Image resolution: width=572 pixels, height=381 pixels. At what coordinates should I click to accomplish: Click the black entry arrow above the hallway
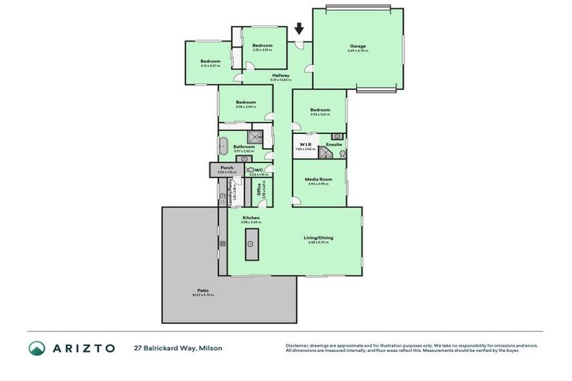click(299, 29)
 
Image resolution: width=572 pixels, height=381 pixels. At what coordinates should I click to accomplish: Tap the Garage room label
click(357, 46)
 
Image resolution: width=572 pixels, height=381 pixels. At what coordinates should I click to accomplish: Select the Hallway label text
click(280, 75)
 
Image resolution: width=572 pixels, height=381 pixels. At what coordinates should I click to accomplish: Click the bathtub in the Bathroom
click(223, 145)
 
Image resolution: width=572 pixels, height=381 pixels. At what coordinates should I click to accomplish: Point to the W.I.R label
click(305, 144)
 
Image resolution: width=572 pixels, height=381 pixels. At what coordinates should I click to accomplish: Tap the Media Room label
click(320, 179)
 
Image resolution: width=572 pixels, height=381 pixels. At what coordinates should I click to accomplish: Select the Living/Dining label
click(318, 238)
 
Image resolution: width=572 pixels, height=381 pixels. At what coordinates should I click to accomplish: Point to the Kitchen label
click(250, 217)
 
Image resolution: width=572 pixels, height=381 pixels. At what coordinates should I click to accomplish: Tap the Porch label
click(226, 167)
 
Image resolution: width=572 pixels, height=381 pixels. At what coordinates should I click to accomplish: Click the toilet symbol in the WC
click(251, 170)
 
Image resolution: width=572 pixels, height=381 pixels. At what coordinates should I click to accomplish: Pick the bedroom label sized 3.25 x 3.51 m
click(262, 46)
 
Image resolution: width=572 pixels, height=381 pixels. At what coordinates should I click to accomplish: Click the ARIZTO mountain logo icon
click(37, 348)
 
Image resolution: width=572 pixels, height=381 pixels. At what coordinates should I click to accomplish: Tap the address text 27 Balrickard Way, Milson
click(178, 348)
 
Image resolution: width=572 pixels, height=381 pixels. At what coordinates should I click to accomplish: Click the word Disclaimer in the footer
click(298, 345)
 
